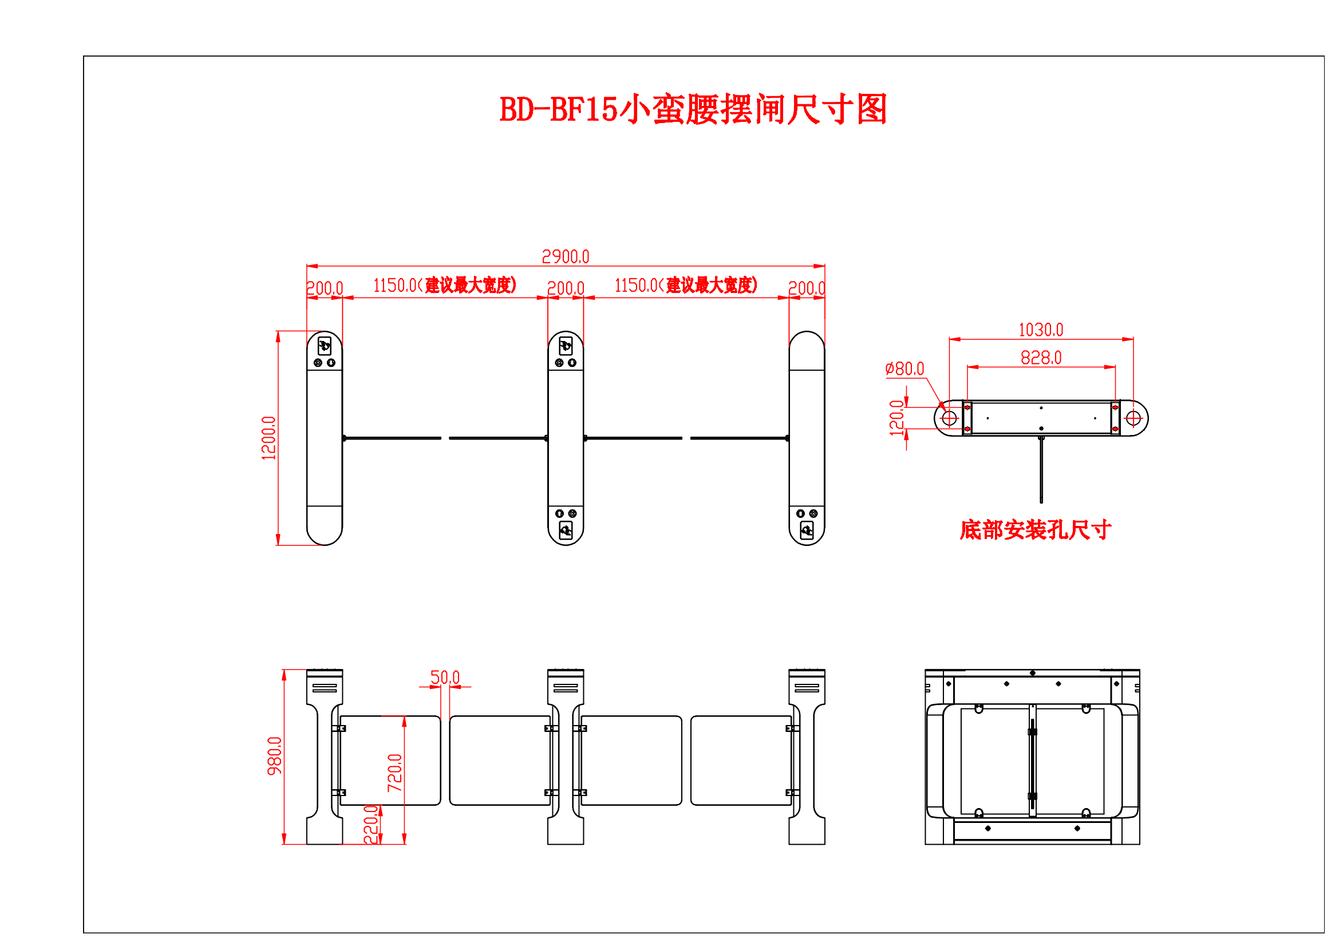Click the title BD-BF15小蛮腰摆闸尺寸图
pyautogui.click(x=693, y=109)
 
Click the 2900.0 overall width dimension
pyautogui.click(x=565, y=256)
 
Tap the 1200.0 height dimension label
pyautogui.click(x=268, y=438)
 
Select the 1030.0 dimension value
pyautogui.click(x=1040, y=330)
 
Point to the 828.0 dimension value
pyautogui.click(x=1040, y=358)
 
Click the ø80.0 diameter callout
pyautogui.click(x=904, y=369)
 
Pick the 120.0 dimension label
pyautogui.click(x=896, y=418)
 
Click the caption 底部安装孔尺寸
pyautogui.click(x=1035, y=530)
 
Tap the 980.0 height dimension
pyautogui.click(x=274, y=756)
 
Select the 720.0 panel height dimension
pyautogui.click(x=395, y=773)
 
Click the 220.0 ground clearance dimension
pyautogui.click(x=370, y=824)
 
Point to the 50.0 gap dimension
pyautogui.click(x=445, y=677)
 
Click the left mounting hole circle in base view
pyautogui.click(x=949, y=418)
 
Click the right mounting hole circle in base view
pyautogui.click(x=1133, y=418)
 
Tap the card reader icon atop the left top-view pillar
pyautogui.click(x=324, y=347)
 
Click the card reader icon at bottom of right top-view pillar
pyautogui.click(x=807, y=530)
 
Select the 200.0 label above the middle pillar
pyautogui.click(x=565, y=288)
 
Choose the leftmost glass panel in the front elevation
pyautogui.click(x=390, y=760)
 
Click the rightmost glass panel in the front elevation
pyautogui.click(x=741, y=760)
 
